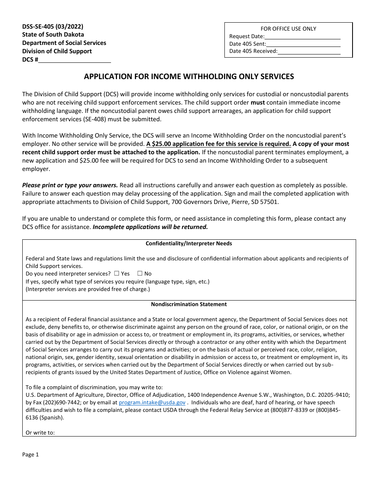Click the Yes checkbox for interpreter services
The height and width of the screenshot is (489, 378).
pos(117,274)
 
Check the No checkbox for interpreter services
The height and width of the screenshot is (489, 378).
pos(140,274)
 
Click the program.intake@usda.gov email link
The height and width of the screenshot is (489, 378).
pos(152,402)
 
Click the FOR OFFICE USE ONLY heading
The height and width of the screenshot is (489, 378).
pos(288,29)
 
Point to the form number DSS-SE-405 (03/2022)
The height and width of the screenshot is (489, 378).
pos(53,27)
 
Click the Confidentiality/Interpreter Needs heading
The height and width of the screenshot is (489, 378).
pos(189,243)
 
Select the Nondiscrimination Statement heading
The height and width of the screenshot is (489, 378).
pos(189,304)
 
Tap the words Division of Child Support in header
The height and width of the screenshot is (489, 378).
pos(57,51)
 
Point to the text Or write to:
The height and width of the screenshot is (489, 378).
pos(40,433)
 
